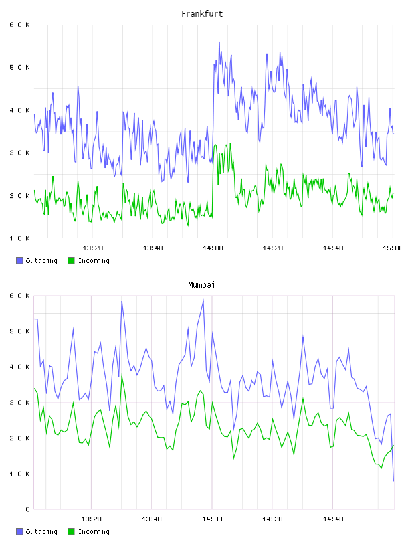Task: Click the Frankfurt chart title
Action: [x=202, y=13]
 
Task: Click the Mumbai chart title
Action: [x=201, y=284]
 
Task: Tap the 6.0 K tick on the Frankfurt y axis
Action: [x=20, y=25]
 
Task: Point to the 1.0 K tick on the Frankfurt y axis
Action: [x=20, y=238]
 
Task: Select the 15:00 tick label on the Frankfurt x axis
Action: [x=392, y=248]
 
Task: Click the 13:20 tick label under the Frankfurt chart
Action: [x=93, y=248]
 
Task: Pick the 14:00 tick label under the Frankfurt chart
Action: [x=213, y=248]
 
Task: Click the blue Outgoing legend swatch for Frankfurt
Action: [x=19, y=260]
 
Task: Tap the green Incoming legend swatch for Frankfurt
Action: [x=71, y=260]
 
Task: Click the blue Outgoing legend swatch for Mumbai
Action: [x=19, y=531]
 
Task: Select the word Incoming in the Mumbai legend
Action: [x=94, y=531]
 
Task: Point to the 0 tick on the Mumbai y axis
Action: [x=27, y=509]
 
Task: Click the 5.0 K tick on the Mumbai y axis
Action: [x=20, y=331]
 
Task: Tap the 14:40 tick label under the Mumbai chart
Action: [x=333, y=519]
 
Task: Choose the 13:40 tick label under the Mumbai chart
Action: [x=151, y=519]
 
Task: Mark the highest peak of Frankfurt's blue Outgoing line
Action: [x=219, y=43]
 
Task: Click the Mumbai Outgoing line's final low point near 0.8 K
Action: [x=393, y=480]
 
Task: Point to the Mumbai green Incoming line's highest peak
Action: [x=122, y=375]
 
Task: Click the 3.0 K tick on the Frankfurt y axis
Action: [x=20, y=153]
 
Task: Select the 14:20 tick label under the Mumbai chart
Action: [x=272, y=519]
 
